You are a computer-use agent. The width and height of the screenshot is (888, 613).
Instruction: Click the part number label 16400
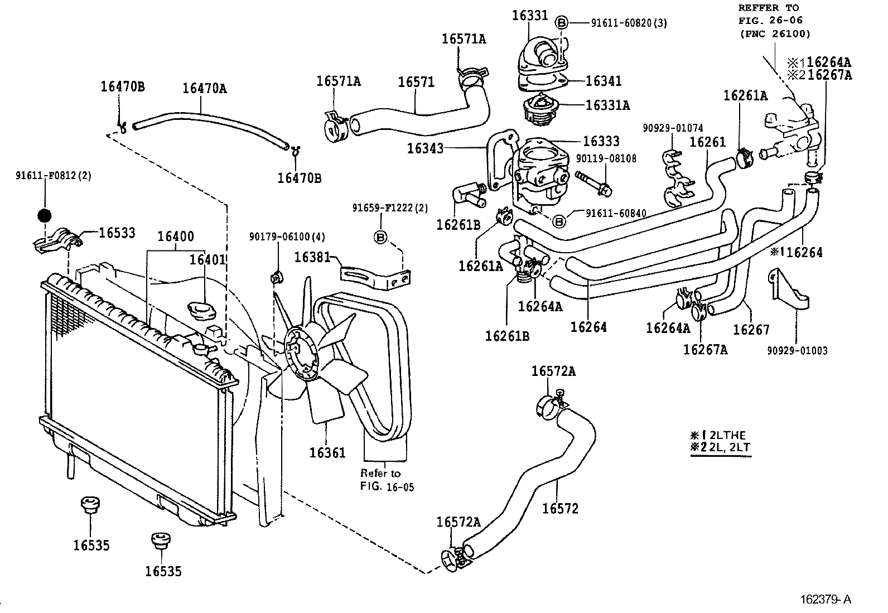[175, 236]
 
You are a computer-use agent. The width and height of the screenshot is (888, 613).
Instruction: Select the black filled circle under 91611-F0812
[44, 215]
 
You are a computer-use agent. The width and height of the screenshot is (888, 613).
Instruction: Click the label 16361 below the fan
[327, 453]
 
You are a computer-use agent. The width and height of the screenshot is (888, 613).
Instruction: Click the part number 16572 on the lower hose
[559, 508]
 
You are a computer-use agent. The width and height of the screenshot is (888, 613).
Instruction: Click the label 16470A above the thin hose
[205, 88]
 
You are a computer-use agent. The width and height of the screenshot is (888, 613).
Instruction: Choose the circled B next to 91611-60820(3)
[562, 22]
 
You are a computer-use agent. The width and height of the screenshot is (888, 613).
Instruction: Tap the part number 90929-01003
[797, 350]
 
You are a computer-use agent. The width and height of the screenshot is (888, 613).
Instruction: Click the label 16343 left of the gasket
[425, 148]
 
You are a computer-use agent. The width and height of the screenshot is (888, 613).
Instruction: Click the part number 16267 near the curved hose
[751, 329]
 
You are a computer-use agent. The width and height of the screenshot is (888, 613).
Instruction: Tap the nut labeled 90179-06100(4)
[274, 277]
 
